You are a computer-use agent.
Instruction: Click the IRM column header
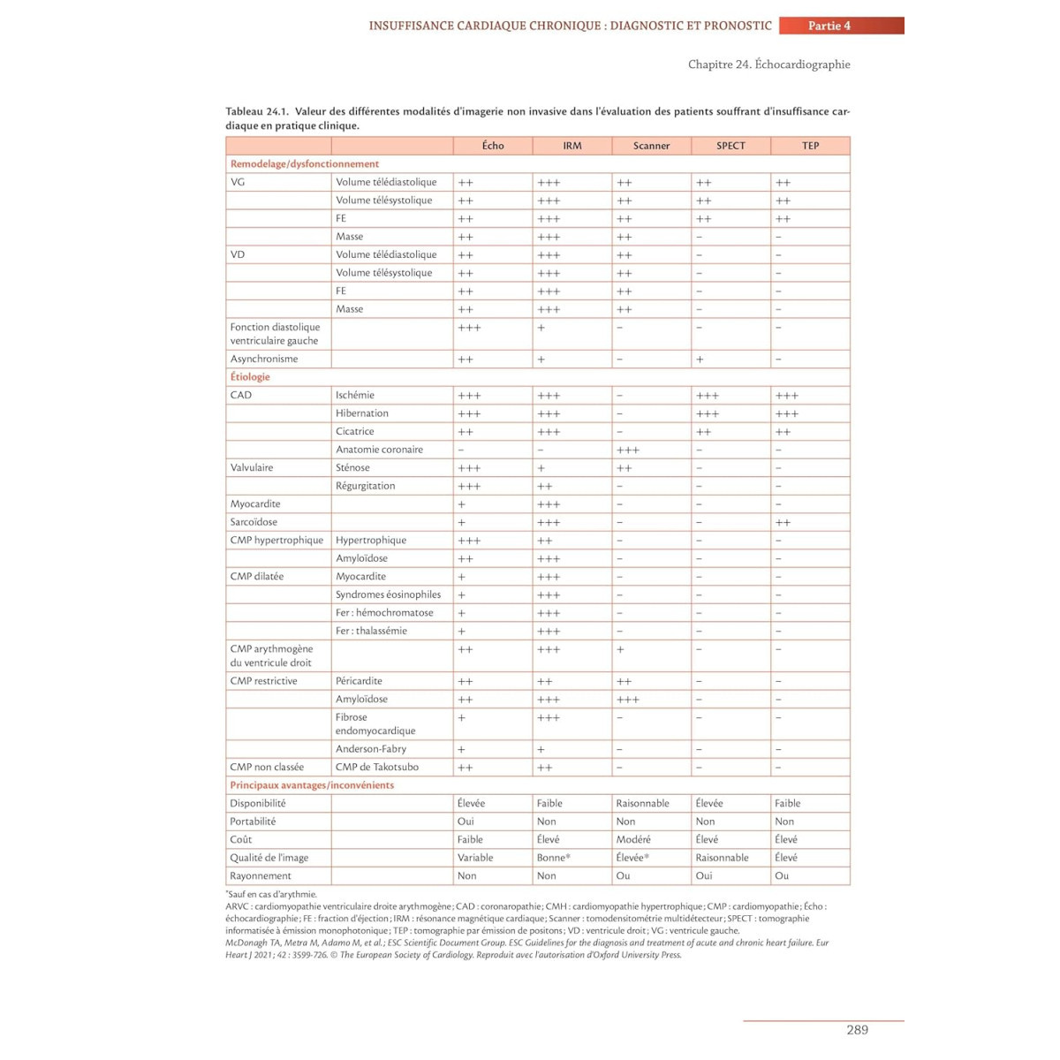point(572,146)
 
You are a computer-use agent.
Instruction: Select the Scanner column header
point(651,146)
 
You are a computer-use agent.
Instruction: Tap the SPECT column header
point(731,146)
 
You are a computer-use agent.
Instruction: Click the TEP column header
point(810,146)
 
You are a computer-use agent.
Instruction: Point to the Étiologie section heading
point(250,377)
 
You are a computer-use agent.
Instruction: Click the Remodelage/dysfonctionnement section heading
point(305,164)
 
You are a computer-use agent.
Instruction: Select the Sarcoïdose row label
point(254,522)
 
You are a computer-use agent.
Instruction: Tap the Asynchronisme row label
point(264,360)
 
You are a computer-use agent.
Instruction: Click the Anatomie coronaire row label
point(379,450)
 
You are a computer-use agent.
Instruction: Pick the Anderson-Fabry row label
point(371,749)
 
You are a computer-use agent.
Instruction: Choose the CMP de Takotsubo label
point(377,767)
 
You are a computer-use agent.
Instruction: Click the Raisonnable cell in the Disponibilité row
point(642,804)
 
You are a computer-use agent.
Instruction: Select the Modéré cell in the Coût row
point(633,840)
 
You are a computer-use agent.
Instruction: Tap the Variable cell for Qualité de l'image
point(475,858)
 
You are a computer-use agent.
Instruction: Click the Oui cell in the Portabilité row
point(466,821)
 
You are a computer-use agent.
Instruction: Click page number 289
point(857,1030)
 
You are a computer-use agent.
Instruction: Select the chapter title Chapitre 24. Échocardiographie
point(768,64)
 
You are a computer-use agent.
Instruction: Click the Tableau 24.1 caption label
point(257,112)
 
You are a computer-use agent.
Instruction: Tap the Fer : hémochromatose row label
point(384,613)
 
